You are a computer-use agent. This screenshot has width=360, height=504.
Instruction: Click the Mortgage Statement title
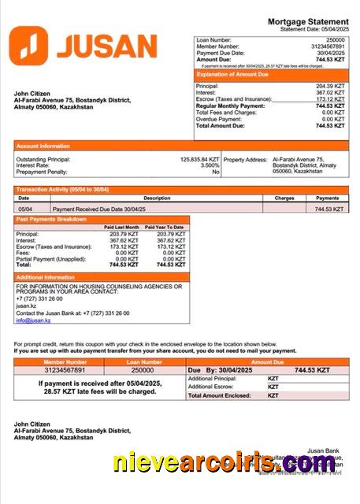point(308,21)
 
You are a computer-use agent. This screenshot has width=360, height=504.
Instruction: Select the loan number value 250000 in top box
point(336,39)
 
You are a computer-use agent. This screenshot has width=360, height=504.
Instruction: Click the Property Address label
point(244,159)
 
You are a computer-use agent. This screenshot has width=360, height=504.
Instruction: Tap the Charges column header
point(284,198)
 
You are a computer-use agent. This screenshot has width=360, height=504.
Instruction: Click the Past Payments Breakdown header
point(51,219)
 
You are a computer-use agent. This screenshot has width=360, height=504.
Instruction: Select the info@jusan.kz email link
point(33,321)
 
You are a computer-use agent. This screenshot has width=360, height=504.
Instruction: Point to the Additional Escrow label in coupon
point(213,387)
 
